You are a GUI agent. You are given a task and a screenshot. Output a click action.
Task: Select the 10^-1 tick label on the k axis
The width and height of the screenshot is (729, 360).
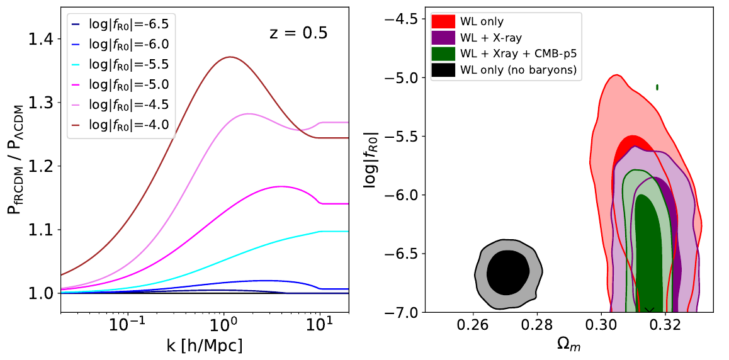coord(127,326)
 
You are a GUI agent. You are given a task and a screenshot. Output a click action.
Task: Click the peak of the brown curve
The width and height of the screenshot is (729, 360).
coord(230,57)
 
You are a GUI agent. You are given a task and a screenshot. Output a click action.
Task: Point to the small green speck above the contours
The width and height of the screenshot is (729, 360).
coord(657,87)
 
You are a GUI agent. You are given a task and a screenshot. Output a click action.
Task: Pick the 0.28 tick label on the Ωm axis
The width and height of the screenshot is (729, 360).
coord(537,326)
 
